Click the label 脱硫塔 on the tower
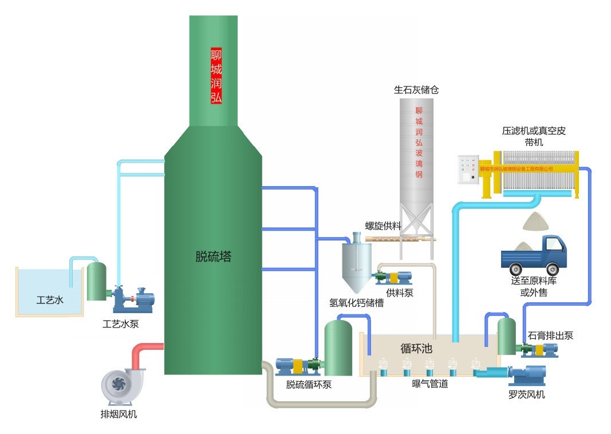point(213,257)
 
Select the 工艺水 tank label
point(50,299)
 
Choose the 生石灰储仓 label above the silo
point(416,90)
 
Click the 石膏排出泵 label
point(550,336)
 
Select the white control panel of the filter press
point(468,169)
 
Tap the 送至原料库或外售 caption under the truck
point(534,286)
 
